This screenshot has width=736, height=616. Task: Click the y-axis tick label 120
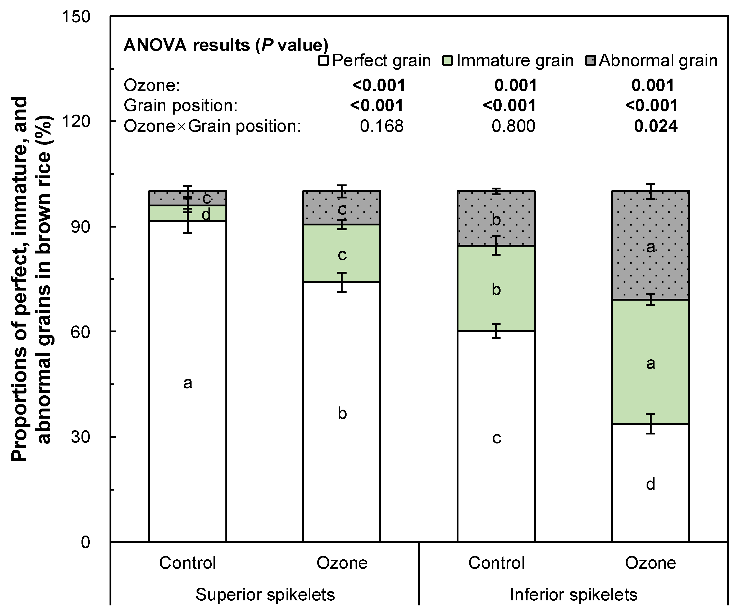[76, 121]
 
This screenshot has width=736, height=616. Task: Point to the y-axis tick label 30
[81, 437]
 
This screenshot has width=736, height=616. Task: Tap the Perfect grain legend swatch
[323, 61]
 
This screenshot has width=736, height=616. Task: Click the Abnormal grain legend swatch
[590, 61]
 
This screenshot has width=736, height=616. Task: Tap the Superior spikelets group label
[265, 594]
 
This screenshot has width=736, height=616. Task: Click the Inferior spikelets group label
[573, 594]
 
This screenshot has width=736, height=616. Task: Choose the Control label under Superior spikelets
[188, 563]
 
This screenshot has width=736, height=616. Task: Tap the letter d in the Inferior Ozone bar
[651, 484]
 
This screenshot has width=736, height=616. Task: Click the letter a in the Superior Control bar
[188, 383]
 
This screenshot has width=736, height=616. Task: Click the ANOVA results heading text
[226, 45]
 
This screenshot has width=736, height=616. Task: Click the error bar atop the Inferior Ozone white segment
[651, 424]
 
